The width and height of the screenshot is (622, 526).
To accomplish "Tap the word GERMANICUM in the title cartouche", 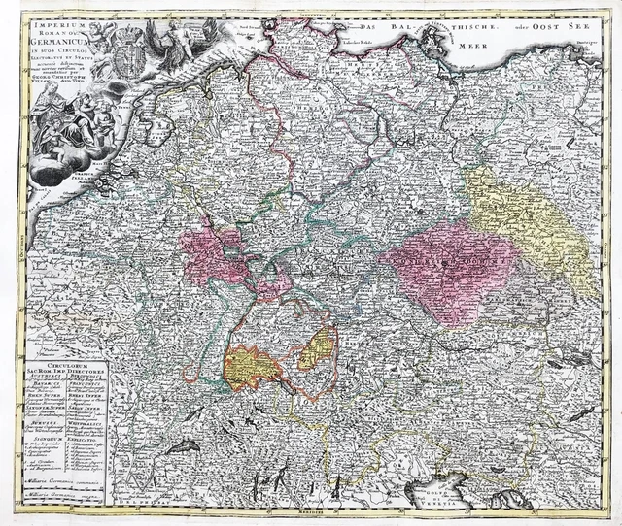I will pyautogui.click(x=56, y=44).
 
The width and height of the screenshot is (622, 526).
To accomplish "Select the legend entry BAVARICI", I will pyautogui.click(x=50, y=385).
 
